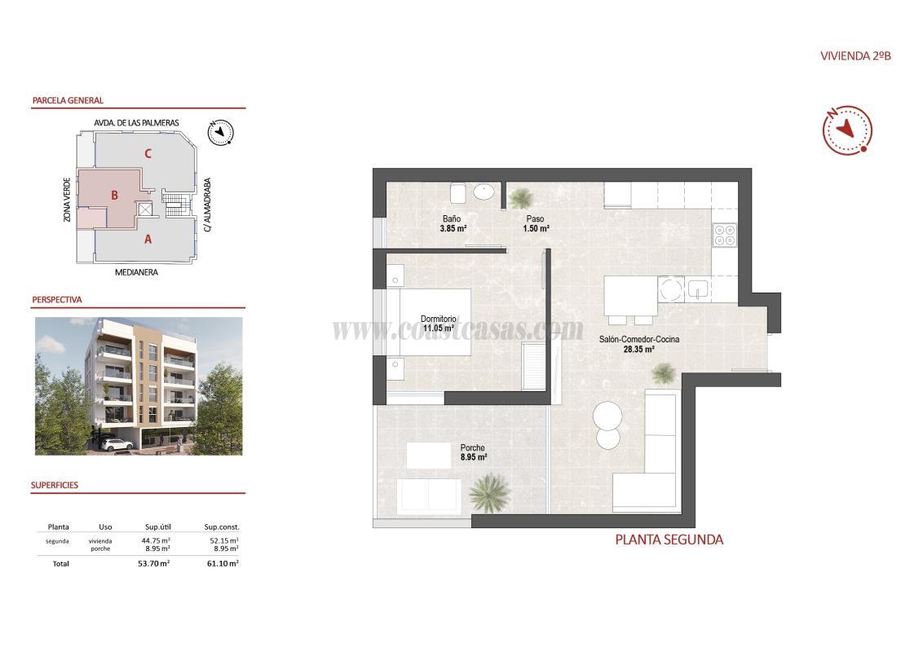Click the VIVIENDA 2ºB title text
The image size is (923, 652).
coord(855,56)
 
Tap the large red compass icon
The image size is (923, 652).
coord(847,130)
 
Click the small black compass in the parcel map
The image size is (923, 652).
coord(220,132)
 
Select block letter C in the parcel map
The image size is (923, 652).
coord(147,153)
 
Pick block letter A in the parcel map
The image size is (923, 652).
coord(148,239)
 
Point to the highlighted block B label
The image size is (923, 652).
coord(115,195)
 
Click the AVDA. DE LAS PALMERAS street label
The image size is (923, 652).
coord(136,122)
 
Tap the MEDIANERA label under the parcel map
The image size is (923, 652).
coord(136,272)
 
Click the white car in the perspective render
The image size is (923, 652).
coord(119,444)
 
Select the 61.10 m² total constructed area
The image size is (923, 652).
coord(222,563)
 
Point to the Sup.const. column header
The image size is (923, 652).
coord(222,527)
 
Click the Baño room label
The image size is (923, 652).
coord(452,218)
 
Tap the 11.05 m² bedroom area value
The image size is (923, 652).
coord(437,328)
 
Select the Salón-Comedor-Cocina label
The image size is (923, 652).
coord(638,339)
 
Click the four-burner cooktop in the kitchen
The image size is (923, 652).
coord(724,235)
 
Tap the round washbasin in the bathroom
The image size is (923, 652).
coord(484,192)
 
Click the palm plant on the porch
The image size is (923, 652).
coord(490,491)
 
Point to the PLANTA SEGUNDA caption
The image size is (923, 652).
coord(669,540)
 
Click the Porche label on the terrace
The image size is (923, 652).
coord(472,447)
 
